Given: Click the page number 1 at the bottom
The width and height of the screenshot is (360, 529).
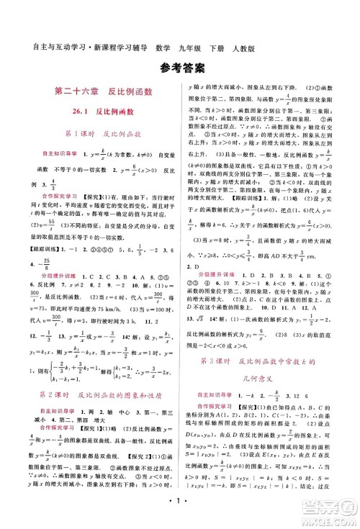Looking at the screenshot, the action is (180, 515).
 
